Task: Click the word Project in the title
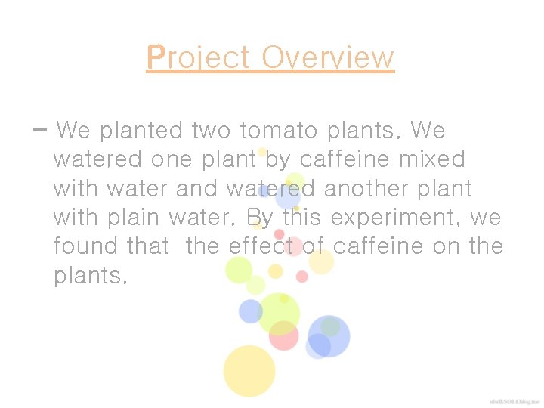199,58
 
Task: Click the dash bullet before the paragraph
40,130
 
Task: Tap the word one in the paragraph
172,160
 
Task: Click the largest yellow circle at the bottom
249,370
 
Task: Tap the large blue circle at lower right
329,335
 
